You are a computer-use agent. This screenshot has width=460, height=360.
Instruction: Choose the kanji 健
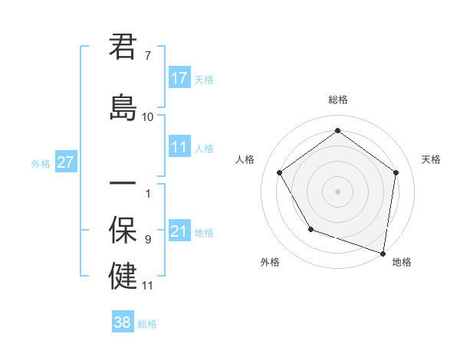pyautogui.click(x=123, y=276)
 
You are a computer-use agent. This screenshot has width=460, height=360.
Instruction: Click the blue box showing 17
pyautogui.click(x=179, y=78)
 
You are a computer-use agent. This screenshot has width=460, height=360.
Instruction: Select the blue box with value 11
pyautogui.click(x=179, y=147)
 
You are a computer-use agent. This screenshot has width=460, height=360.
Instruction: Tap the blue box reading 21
pyautogui.click(x=179, y=231)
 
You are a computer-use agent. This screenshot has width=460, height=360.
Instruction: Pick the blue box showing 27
pyautogui.click(x=65, y=162)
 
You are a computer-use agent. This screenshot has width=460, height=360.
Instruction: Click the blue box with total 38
pyautogui.click(x=123, y=322)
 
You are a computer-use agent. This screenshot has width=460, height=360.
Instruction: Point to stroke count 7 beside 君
pyautogui.click(x=148, y=56)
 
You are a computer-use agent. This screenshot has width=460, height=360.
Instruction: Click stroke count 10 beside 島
pyautogui.click(x=148, y=116)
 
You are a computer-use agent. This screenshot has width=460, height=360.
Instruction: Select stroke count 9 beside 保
pyautogui.click(x=148, y=240)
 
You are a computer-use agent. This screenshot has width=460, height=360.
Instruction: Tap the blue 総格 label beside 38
pyautogui.click(x=147, y=324)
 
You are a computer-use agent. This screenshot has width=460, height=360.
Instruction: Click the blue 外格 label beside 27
pyautogui.click(x=41, y=163)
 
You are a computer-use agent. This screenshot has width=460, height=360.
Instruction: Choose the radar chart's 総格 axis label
pyautogui.click(x=337, y=100)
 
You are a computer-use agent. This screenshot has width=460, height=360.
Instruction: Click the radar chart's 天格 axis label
pyautogui.click(x=432, y=159)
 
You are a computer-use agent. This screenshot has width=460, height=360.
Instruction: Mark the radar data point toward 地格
pyautogui.click(x=383, y=252)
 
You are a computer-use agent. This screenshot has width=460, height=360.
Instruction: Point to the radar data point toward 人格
pyautogui.click(x=279, y=172)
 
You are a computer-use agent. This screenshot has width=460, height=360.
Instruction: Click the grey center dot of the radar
pyautogui.click(x=337, y=191)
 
